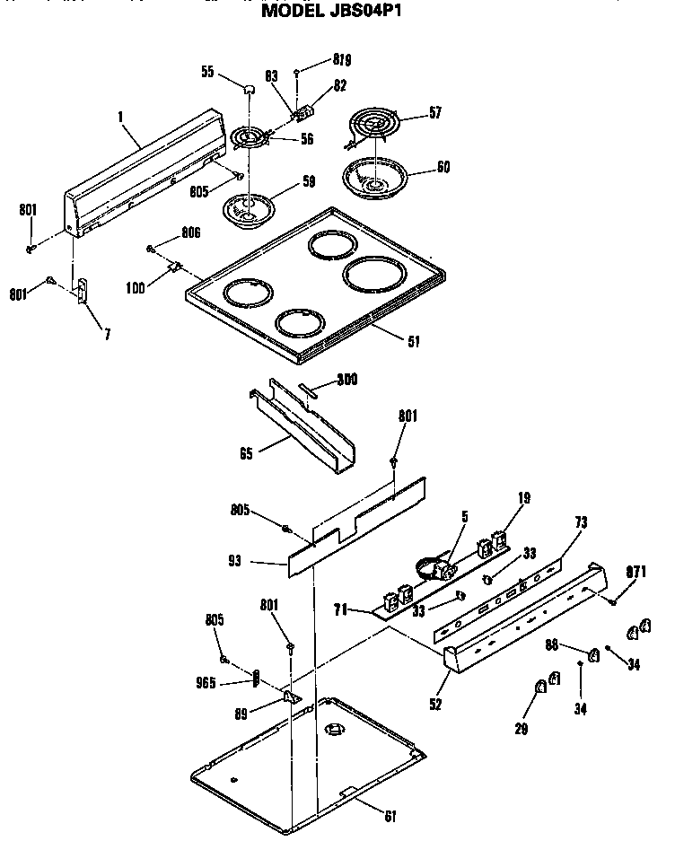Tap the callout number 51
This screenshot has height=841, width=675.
[413, 340]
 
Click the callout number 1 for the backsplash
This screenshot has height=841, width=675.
[119, 116]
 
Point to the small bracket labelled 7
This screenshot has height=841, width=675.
[82, 292]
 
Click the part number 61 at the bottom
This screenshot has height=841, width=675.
[389, 815]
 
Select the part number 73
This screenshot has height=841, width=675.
[581, 521]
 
